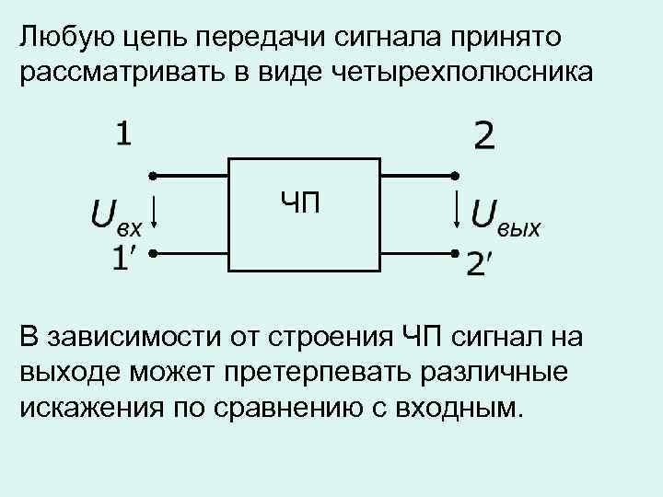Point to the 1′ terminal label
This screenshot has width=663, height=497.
coord(126,259)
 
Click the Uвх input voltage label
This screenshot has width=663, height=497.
coord(115,216)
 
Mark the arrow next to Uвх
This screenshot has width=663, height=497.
coord(156,214)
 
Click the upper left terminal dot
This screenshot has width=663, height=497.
coord(153,175)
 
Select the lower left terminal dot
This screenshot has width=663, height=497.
coord(153,251)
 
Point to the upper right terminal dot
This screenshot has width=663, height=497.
coord(453,175)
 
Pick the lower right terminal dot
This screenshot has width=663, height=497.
coord(453,251)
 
